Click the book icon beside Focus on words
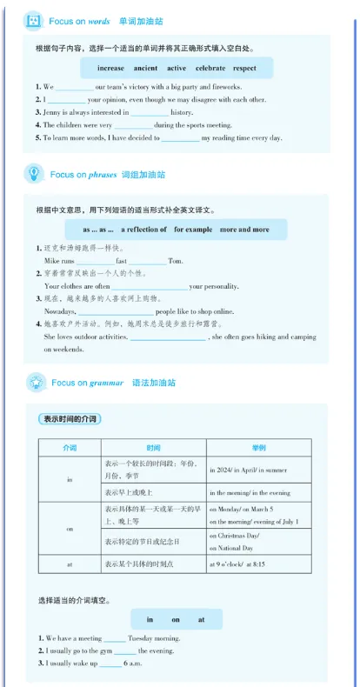(33, 19)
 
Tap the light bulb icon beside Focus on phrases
(33, 174)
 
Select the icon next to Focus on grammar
(35, 382)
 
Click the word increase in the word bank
(110, 68)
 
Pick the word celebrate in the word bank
(210, 68)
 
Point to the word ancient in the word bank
(146, 68)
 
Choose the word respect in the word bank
(244, 68)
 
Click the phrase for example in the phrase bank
(192, 230)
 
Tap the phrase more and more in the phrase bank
(244, 230)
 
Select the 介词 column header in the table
(70, 448)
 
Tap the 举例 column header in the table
(258, 448)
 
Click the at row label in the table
(70, 564)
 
